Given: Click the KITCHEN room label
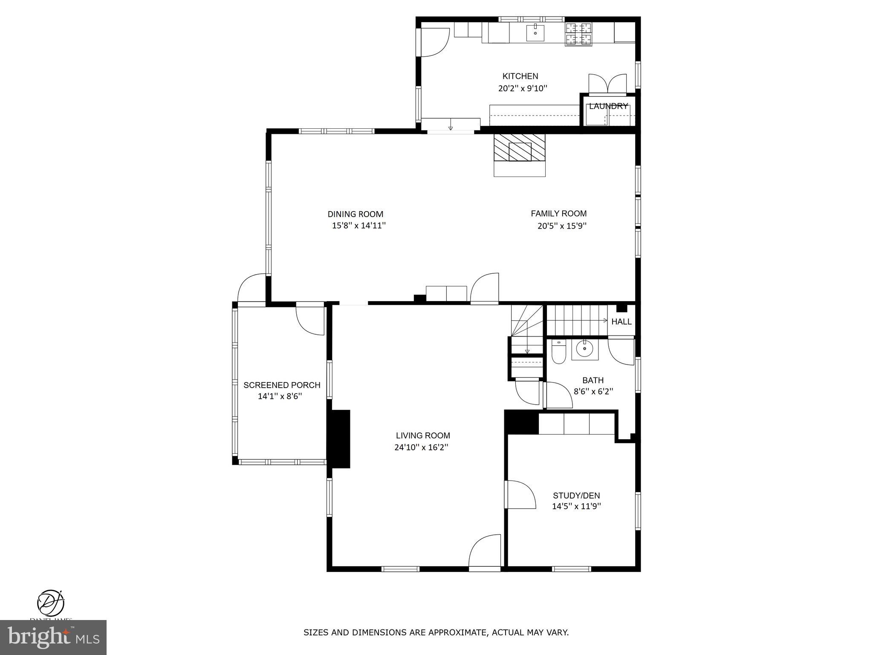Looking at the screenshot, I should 520,76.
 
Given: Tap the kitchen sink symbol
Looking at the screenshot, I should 535,32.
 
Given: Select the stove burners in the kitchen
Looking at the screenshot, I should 578,34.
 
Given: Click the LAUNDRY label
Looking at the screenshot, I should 608,106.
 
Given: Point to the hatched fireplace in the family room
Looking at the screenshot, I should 520,148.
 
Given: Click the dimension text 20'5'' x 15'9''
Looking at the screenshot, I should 562,226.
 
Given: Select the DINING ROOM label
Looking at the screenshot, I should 355,214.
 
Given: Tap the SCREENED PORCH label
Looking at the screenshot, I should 282,385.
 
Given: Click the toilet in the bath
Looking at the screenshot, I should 558,353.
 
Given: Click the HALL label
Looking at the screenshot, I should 621,322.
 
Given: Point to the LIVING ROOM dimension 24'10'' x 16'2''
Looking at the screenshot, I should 421,447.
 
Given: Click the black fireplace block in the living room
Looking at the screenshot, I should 339,439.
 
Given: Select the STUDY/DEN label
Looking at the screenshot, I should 576,496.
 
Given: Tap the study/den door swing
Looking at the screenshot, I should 520,495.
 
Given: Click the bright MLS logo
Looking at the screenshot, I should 53,637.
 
